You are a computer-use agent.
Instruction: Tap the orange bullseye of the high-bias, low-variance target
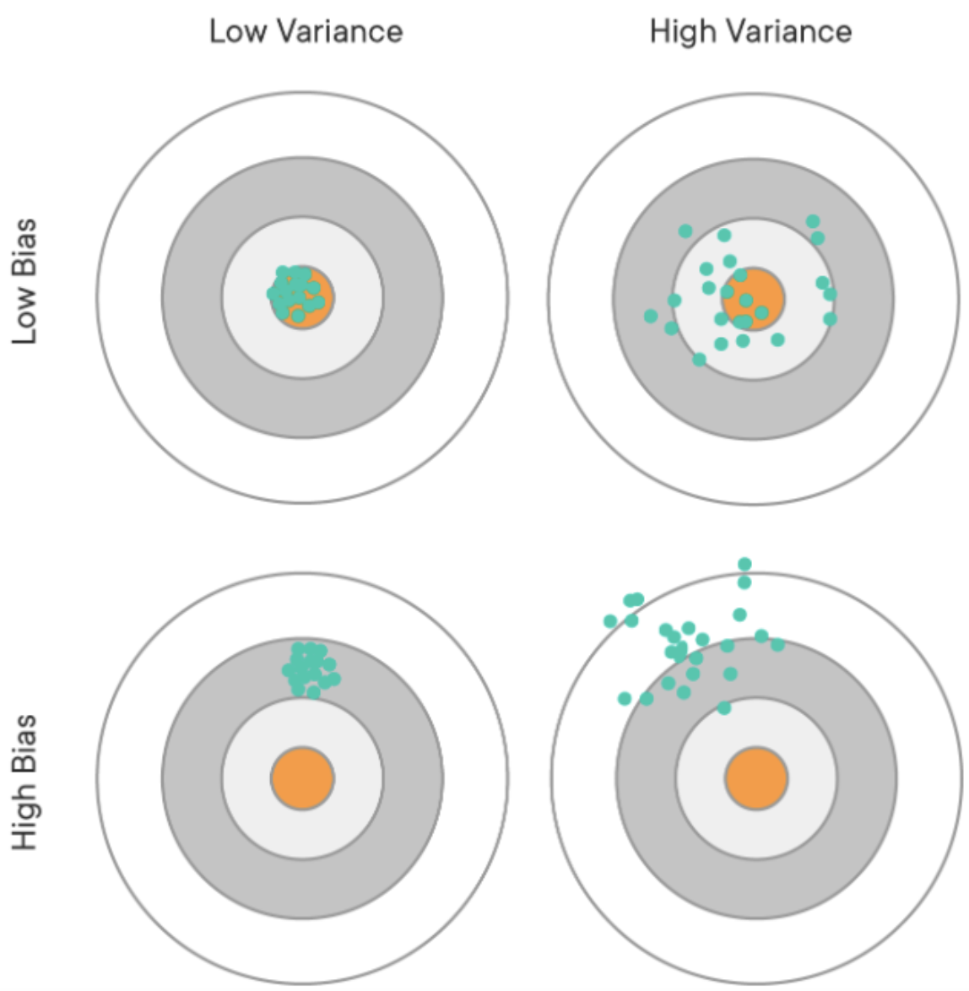click(302, 777)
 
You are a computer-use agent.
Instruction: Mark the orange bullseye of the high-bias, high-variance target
click(756, 777)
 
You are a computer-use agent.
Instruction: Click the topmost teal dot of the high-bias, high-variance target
click(744, 564)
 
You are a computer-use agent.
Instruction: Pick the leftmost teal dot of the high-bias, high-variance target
click(610, 621)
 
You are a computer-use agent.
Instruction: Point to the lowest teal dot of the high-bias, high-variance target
click(723, 708)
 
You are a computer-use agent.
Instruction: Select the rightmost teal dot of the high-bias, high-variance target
click(777, 645)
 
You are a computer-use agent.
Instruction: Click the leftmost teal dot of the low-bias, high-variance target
click(651, 316)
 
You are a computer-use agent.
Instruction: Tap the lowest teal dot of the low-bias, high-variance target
click(699, 360)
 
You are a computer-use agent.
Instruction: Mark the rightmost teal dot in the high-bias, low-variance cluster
click(334, 679)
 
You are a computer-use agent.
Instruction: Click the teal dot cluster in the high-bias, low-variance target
click(309, 668)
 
